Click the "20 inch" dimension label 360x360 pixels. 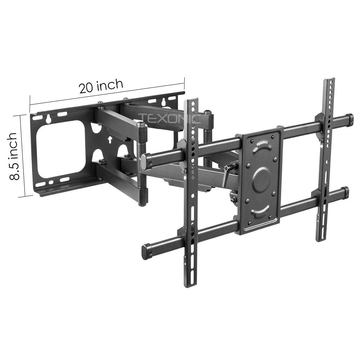pos(101,86)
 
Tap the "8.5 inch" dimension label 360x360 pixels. pos(13,156)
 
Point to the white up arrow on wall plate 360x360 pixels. pos(110,139)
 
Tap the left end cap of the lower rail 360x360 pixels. pos(147,252)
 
